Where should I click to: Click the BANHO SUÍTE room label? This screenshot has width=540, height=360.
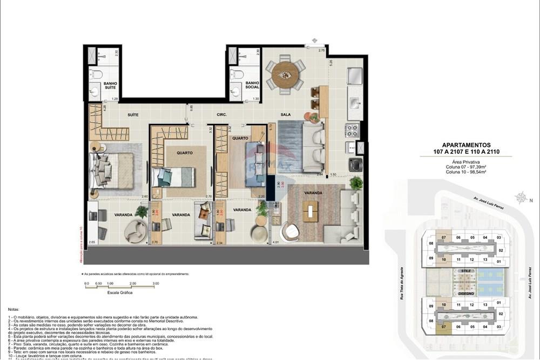pos(110,84)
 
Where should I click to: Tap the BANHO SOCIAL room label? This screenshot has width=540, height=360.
pos(252,84)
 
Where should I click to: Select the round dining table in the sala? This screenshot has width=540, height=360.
pos(285,75)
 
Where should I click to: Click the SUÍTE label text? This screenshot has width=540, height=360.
pos(133,115)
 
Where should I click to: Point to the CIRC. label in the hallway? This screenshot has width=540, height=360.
pos(221,115)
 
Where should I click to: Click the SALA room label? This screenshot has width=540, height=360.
pos(286,115)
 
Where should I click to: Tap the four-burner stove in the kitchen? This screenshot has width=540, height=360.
pos(352,130)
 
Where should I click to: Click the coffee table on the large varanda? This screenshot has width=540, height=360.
pos(310,210)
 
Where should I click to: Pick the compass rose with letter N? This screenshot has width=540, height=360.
pos(521,198)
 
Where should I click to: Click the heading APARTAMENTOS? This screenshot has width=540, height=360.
pos(466,145)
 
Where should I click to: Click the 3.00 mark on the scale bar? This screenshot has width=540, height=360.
pos(156,283)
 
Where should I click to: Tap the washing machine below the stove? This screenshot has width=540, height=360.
pos(355,164)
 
